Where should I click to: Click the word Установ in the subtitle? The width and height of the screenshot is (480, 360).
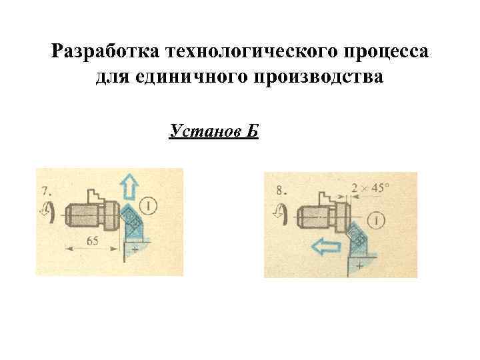point(201,130)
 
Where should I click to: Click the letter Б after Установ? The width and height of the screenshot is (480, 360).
point(251,130)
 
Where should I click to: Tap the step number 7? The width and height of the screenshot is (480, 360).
point(45,189)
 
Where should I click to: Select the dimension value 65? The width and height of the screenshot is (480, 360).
point(93,241)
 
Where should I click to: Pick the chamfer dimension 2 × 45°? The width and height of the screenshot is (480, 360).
point(372,188)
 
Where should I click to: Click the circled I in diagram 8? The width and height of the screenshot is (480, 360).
point(378,219)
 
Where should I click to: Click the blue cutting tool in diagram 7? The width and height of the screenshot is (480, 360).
point(133,223)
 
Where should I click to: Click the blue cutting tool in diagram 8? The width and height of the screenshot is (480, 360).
point(357,237)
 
